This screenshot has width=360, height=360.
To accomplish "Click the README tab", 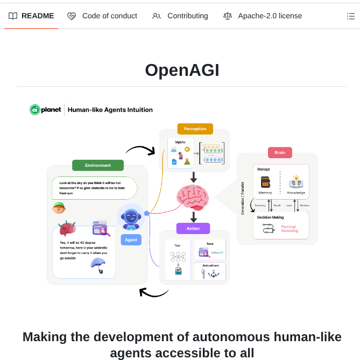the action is coord(32,16).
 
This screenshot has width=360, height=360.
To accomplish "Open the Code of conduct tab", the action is coord(102,16).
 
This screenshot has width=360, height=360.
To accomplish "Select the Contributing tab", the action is coord(180,16).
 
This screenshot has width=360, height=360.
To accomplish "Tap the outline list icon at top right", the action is coord(351,16).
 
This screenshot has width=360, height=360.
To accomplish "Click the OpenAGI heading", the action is coord(182,70).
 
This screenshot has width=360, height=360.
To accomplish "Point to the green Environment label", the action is coord(98,165).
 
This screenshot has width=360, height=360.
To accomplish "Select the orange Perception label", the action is coord(195,129).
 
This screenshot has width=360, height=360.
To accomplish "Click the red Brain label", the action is coord(280,152).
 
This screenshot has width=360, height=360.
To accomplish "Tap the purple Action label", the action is coord(193,228).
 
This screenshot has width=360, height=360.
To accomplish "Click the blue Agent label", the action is coord(131,239).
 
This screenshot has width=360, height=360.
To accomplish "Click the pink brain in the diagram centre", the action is coord(193,197).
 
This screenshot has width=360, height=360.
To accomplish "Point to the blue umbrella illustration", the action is coord(98,265).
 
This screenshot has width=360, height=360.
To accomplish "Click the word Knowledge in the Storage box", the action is coord(296,193).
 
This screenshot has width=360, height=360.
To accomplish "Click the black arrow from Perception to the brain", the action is coord(194,177).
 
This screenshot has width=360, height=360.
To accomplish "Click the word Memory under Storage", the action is coord(265,193).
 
